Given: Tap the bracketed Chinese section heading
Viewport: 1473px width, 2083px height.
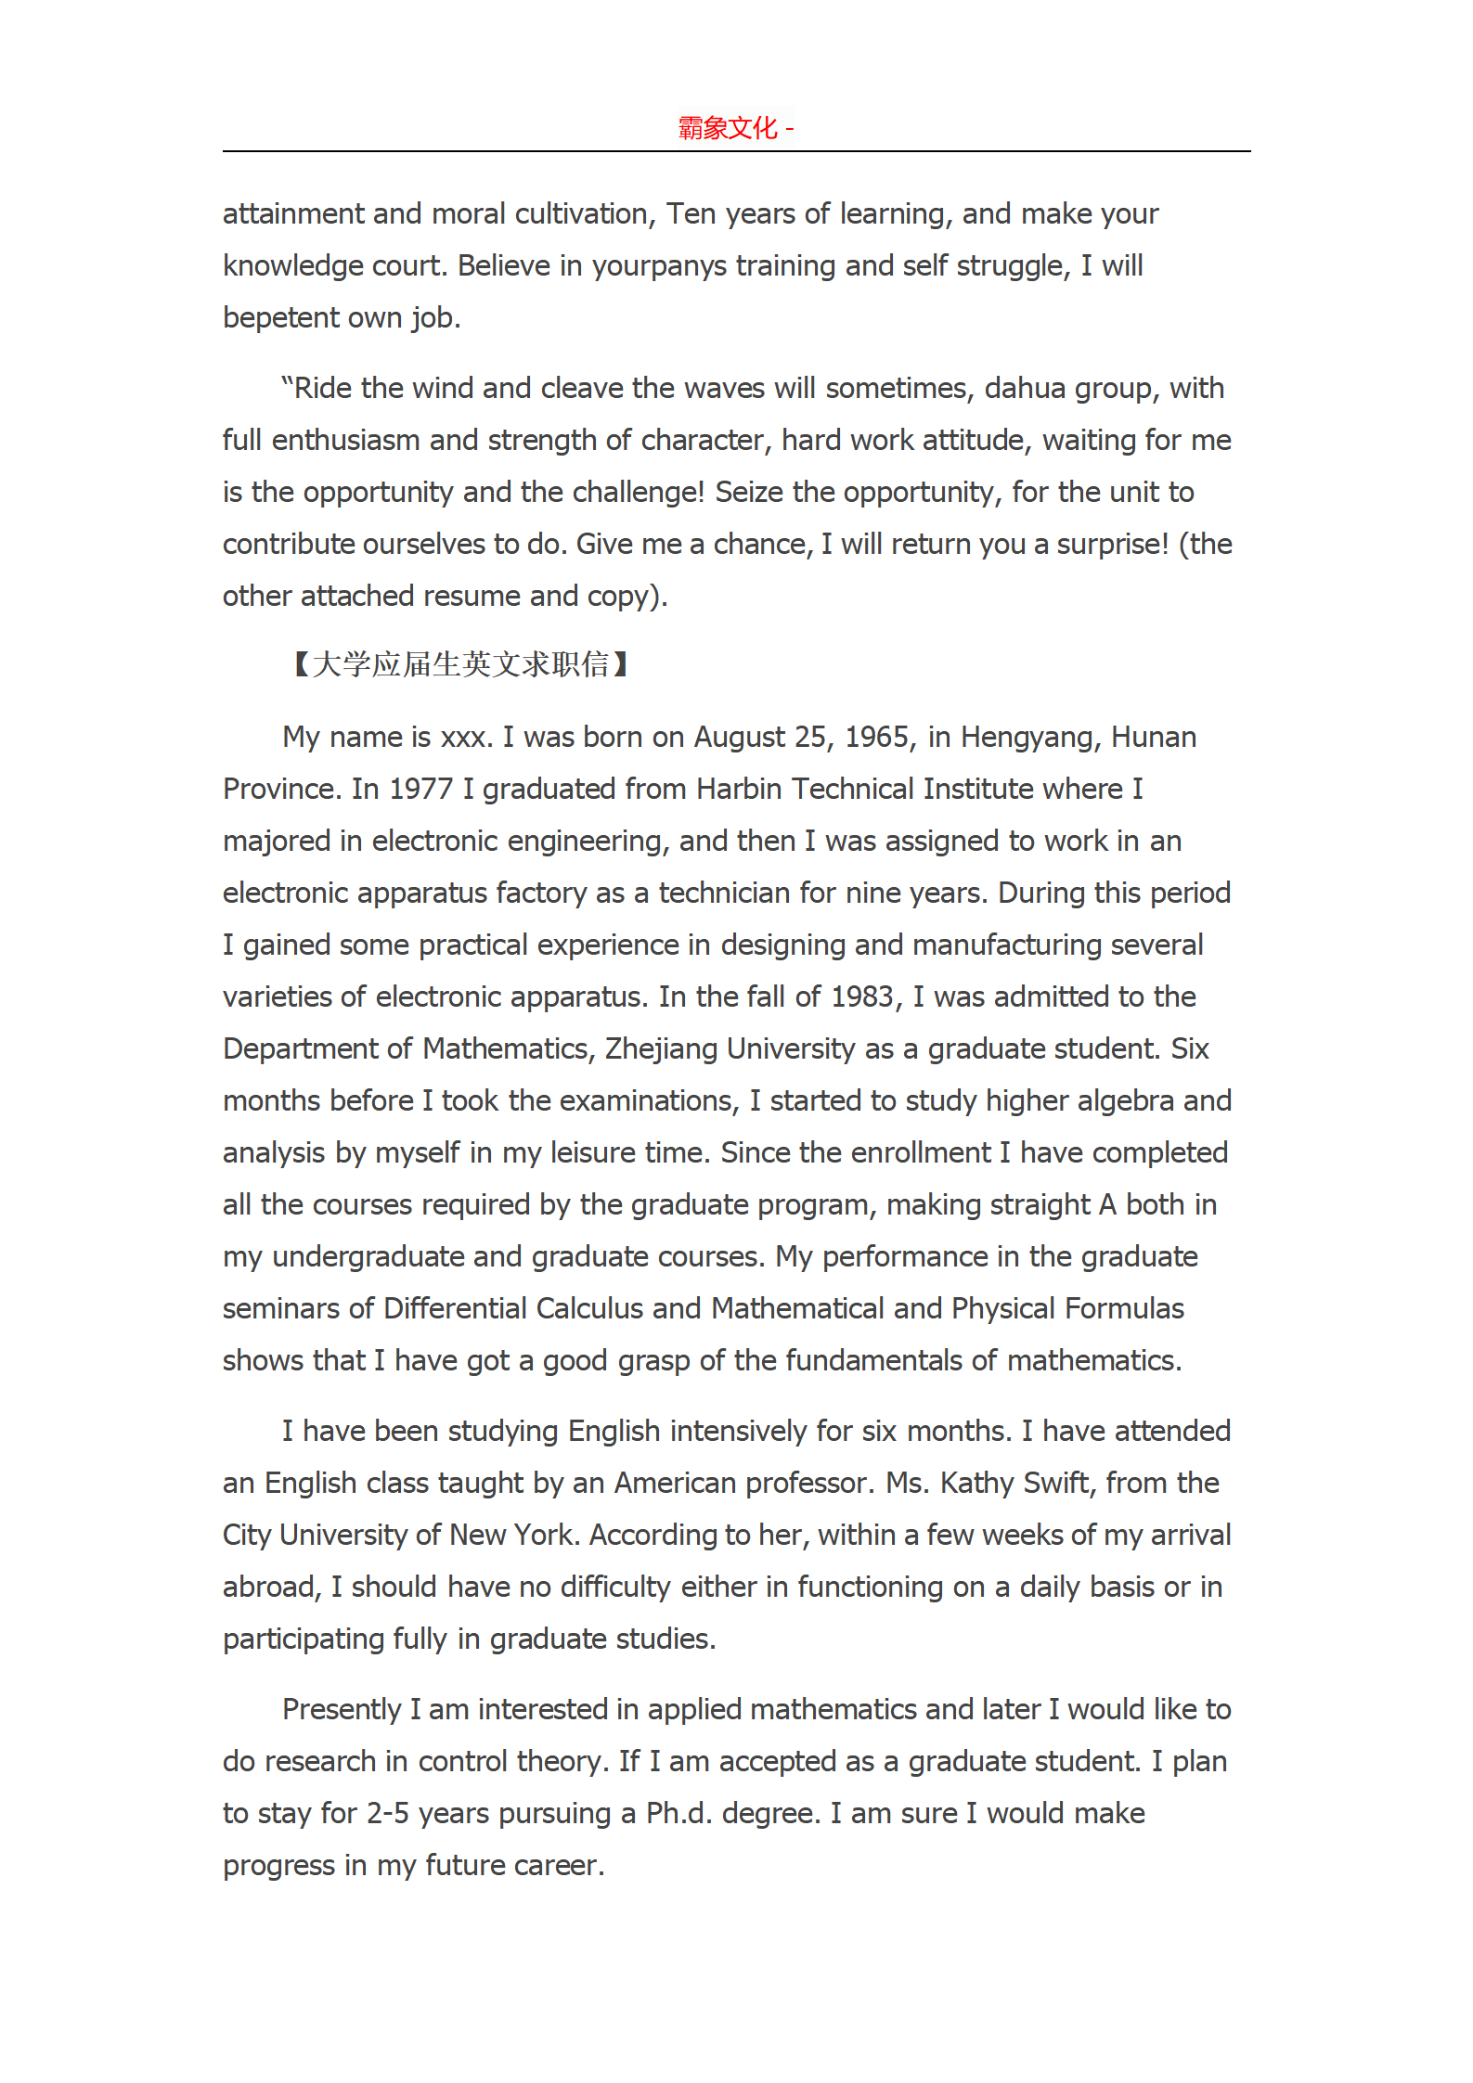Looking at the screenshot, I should pos(460,664).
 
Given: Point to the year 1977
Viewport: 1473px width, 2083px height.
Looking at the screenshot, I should pos(420,789).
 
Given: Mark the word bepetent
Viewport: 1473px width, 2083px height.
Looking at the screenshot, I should pos(281,317).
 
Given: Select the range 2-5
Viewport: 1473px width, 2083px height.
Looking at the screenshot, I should pos(388,1813).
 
